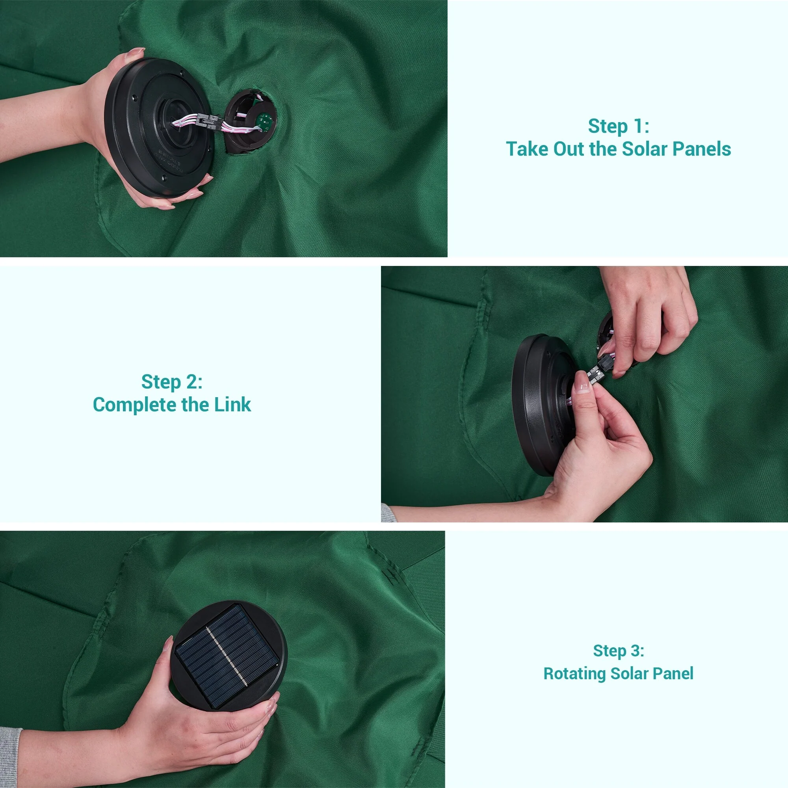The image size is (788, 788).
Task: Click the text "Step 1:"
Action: click(x=618, y=126)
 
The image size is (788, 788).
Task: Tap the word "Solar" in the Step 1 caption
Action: click(x=645, y=149)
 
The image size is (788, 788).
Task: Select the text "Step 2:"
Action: click(x=172, y=382)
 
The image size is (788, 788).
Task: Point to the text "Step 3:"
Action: click(x=618, y=650)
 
